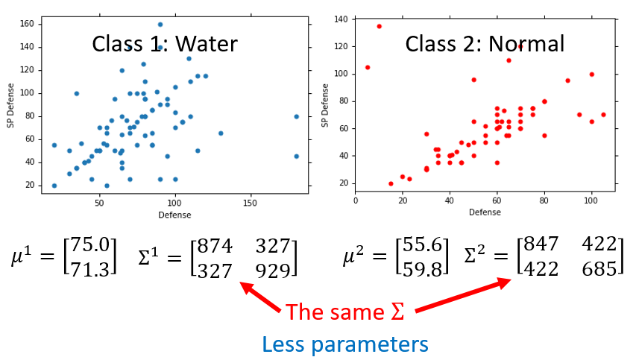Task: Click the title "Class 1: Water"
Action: click(164, 43)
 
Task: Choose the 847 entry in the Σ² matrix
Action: click(541, 244)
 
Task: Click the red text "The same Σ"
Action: click(345, 309)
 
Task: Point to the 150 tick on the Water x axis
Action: click(251, 203)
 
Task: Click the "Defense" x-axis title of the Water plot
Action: click(174, 215)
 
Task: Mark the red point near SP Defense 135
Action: click(379, 26)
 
